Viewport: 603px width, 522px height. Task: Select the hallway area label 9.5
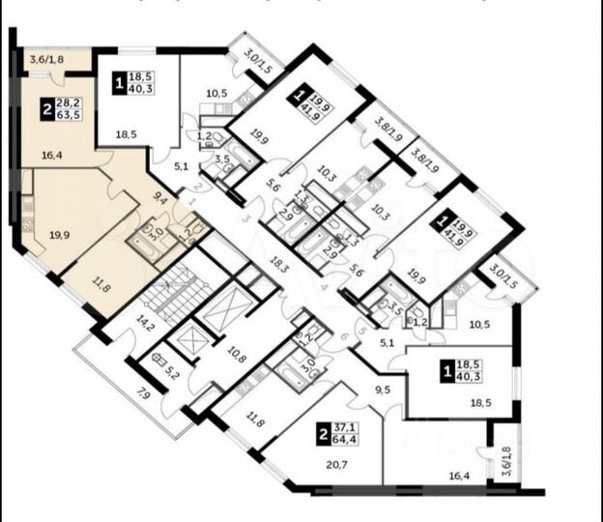[382, 391]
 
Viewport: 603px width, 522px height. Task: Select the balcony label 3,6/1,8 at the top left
[46, 60]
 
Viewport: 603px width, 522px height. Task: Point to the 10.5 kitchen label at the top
[217, 94]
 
